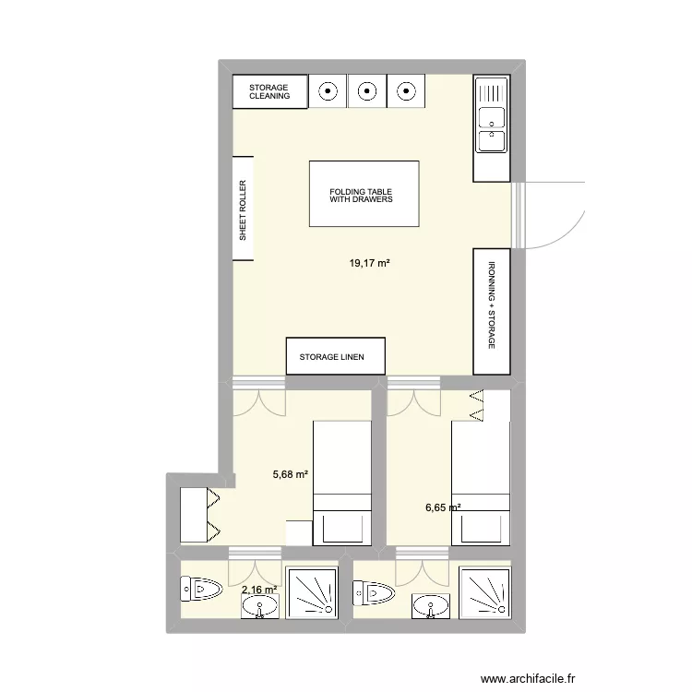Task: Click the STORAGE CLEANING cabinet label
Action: pyautogui.click(x=269, y=91)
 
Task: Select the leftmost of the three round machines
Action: pyautogui.click(x=328, y=90)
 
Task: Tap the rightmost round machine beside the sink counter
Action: pyautogui.click(x=405, y=90)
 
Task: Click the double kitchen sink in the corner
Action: pyautogui.click(x=492, y=128)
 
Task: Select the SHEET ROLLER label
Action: pyautogui.click(x=244, y=209)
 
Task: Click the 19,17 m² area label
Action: pyautogui.click(x=368, y=263)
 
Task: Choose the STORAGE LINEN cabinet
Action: pyautogui.click(x=336, y=356)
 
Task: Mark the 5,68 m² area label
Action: pyautogui.click(x=290, y=475)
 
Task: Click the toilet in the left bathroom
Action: pyautogui.click(x=202, y=587)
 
